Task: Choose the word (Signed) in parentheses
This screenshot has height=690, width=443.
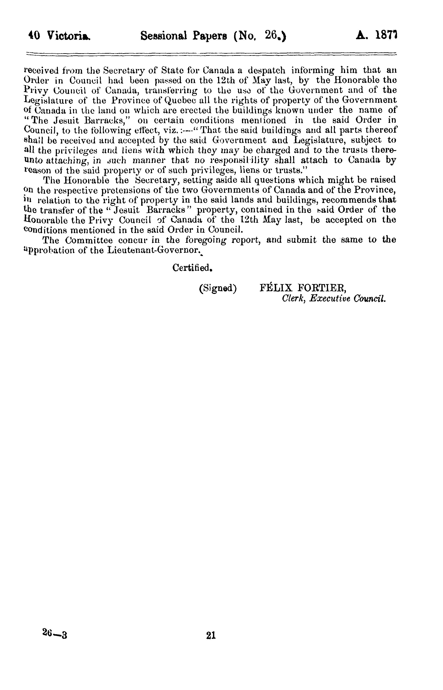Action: pos(218,288)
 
